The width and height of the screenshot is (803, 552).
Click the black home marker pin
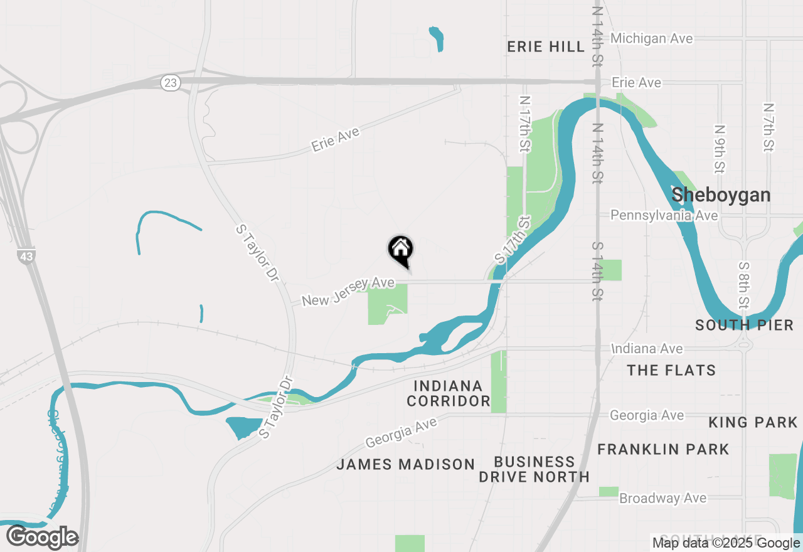click(400, 250)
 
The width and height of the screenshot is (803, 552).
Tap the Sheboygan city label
click(721, 195)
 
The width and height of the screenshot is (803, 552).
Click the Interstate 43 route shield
click(26, 256)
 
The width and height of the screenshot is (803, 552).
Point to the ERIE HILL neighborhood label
click(546, 47)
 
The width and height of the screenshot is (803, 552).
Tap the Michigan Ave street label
click(652, 38)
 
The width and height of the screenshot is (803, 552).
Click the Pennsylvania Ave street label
click(664, 215)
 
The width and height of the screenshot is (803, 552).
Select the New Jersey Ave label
click(348, 292)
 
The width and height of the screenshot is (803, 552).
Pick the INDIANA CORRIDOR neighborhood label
click(448, 393)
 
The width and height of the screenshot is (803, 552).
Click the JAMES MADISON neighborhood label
click(405, 464)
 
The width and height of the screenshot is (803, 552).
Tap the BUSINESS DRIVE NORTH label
click(534, 469)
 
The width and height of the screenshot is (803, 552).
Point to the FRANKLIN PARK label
click(663, 449)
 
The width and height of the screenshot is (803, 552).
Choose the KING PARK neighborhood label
click(753, 423)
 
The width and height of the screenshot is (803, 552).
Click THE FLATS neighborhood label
click(671, 370)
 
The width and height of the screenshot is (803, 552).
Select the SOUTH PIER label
click(744, 325)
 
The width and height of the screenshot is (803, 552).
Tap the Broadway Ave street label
click(662, 498)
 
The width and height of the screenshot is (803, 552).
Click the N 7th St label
click(768, 127)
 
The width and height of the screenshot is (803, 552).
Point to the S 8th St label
click(744, 284)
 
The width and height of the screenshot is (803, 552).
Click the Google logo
click(43, 538)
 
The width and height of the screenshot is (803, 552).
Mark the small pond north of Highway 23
click(437, 38)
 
